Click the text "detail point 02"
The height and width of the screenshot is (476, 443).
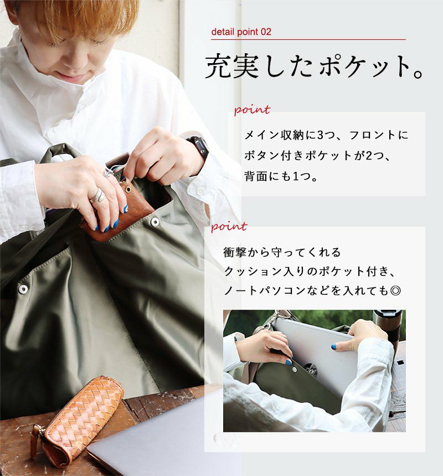[241, 32]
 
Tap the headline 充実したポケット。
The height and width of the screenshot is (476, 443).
[314, 66]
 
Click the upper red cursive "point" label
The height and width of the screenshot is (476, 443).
[252, 110]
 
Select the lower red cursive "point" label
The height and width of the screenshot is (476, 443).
[229, 226]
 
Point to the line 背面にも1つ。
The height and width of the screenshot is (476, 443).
[281, 176]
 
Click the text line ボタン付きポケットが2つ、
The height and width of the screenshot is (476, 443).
[317, 156]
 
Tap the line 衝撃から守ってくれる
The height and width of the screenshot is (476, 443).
[282, 252]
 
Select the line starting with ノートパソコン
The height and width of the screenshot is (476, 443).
[312, 291]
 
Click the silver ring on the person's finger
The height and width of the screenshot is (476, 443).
[97, 195]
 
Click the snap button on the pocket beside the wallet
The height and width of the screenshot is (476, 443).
[154, 221]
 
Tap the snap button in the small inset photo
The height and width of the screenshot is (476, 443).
[295, 368]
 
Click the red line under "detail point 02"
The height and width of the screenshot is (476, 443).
[308, 39]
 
